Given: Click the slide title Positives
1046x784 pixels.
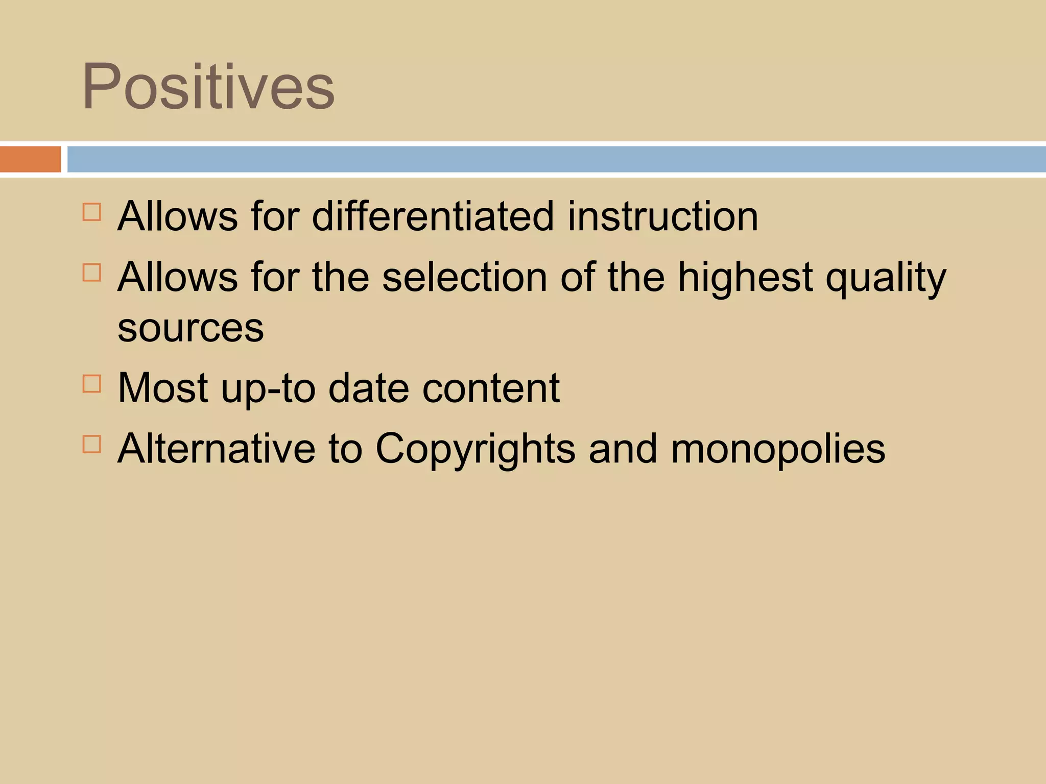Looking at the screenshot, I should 208,86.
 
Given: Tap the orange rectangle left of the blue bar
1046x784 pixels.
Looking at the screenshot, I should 30,159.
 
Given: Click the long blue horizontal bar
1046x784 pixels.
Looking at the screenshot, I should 556,159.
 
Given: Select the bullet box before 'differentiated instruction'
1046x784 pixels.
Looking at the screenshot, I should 91,212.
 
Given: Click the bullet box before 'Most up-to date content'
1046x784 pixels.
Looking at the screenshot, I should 91,383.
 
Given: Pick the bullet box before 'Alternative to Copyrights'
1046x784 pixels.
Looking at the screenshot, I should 91,444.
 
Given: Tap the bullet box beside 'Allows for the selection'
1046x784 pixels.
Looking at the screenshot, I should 91,273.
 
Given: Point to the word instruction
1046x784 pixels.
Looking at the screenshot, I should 662,216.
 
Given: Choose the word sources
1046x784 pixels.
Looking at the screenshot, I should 191,328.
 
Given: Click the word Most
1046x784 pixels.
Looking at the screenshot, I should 163,388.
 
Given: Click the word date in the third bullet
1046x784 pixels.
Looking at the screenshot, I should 369,388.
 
